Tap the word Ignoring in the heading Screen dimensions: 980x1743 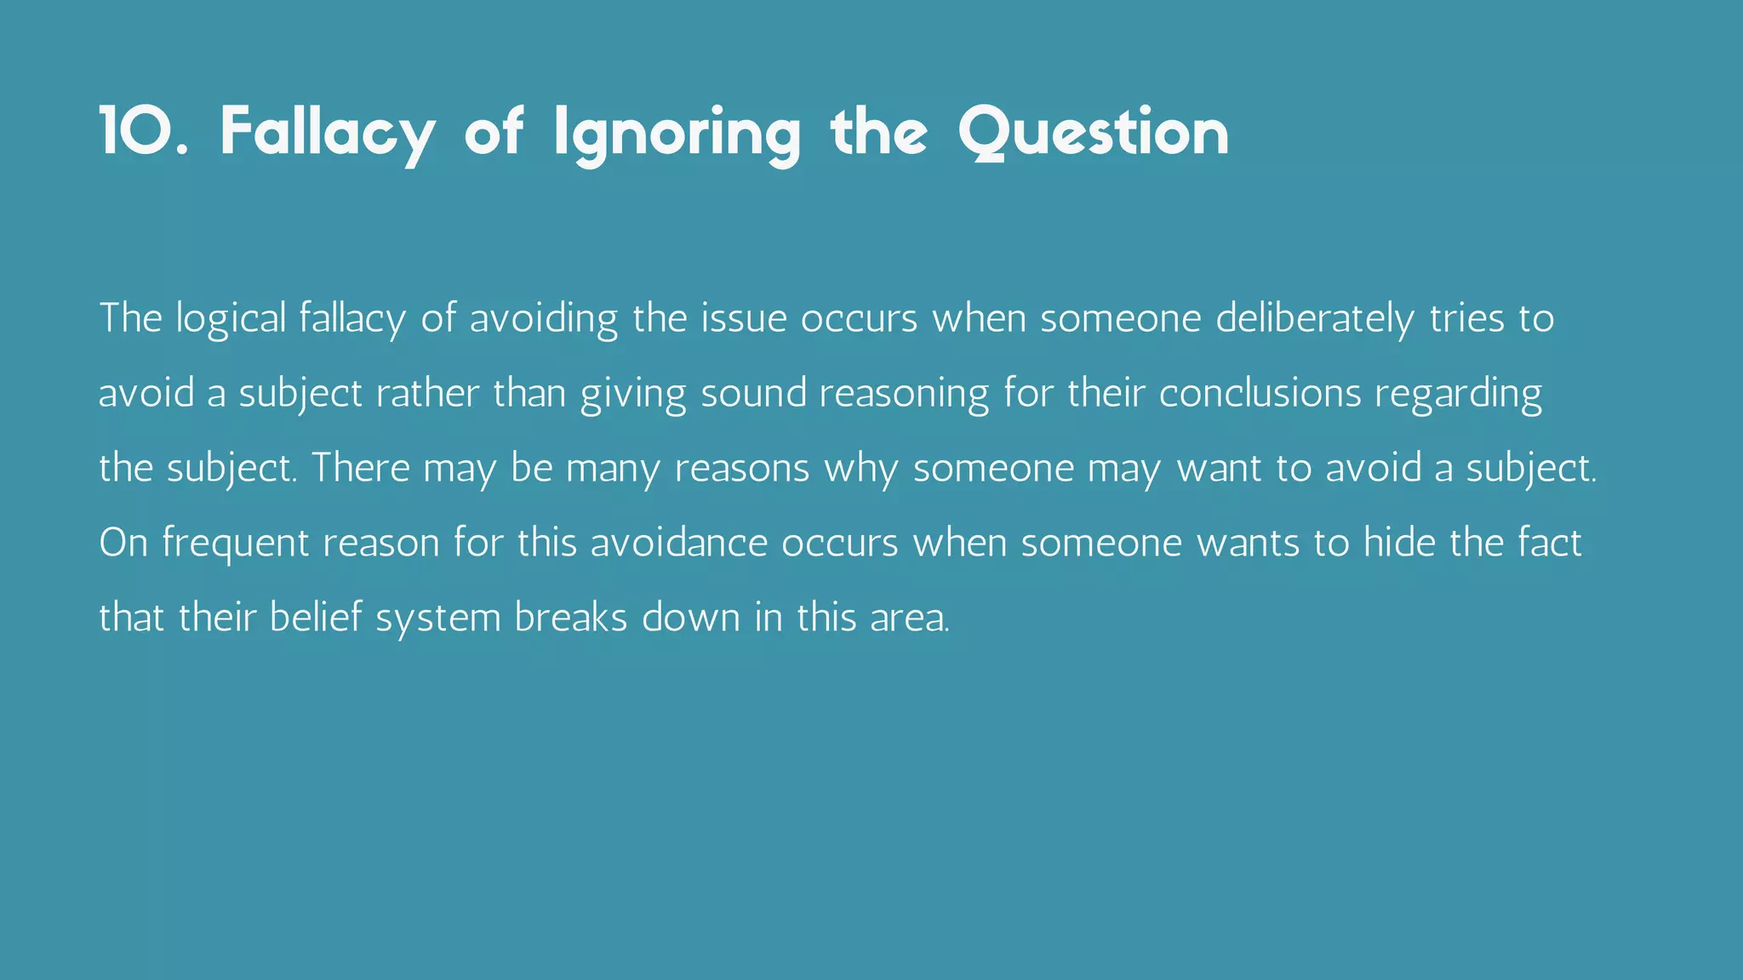pyautogui.click(x=677, y=134)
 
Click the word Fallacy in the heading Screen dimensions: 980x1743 pyautogui.click(x=328, y=134)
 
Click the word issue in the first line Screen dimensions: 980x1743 pyautogui.click(x=744, y=318)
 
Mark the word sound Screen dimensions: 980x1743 pyautogui.click(x=753, y=393)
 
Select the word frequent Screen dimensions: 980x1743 pyautogui.click(x=236, y=544)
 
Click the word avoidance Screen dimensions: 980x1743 pyautogui.click(x=679, y=543)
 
